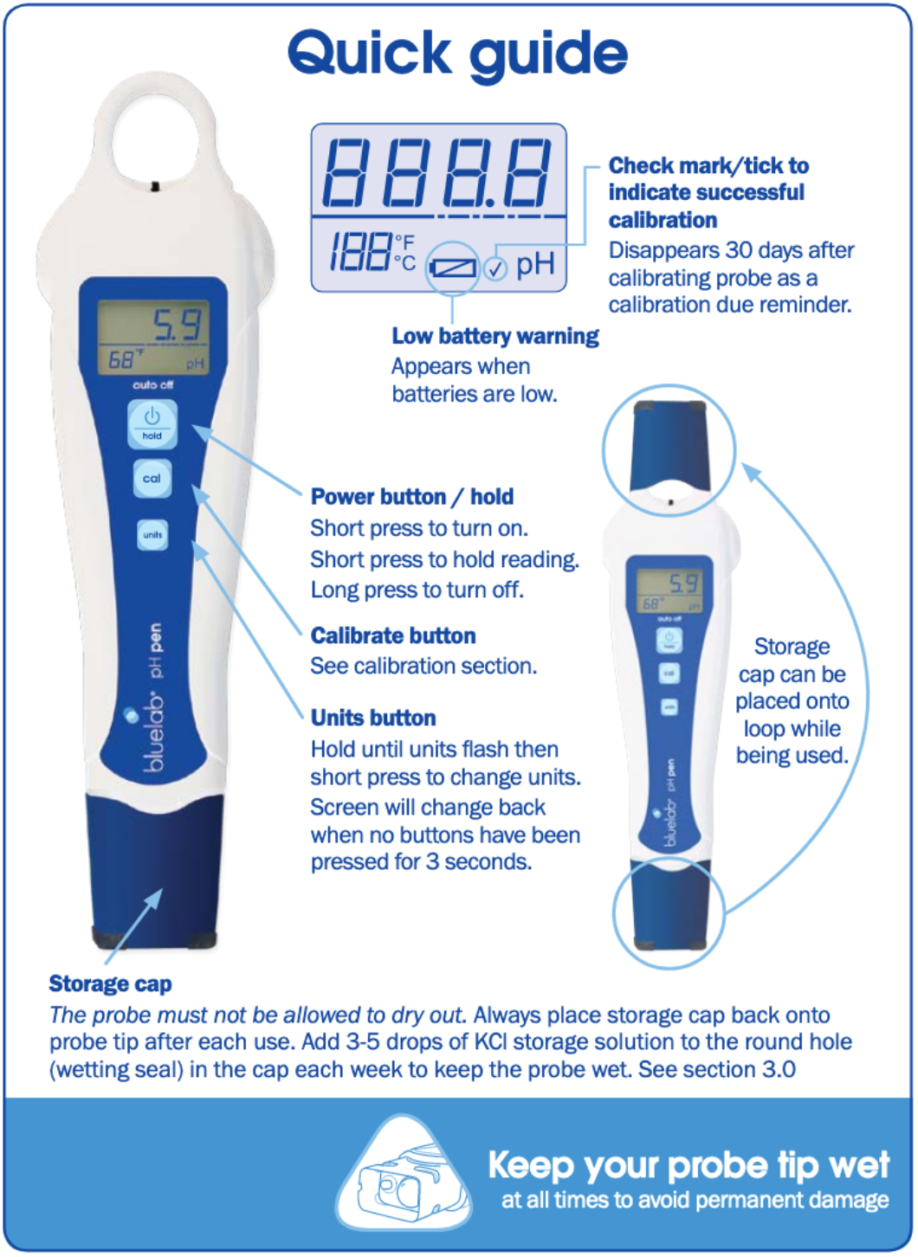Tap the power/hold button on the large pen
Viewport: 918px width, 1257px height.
(x=152, y=424)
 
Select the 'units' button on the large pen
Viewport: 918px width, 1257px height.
(x=152, y=535)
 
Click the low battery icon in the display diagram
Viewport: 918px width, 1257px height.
(x=453, y=268)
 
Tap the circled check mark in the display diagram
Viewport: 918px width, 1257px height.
(x=495, y=268)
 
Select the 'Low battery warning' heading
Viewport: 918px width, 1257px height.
(x=495, y=336)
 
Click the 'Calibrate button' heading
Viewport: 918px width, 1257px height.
(x=393, y=635)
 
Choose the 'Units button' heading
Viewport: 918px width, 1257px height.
(x=373, y=718)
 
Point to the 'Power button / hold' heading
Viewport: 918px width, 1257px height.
(x=412, y=497)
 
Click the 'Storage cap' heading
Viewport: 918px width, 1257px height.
(x=110, y=983)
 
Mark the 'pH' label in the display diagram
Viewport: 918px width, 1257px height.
(x=535, y=265)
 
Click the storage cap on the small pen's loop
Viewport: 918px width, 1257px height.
(x=669, y=446)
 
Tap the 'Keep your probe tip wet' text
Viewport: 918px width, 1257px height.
(x=688, y=1165)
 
